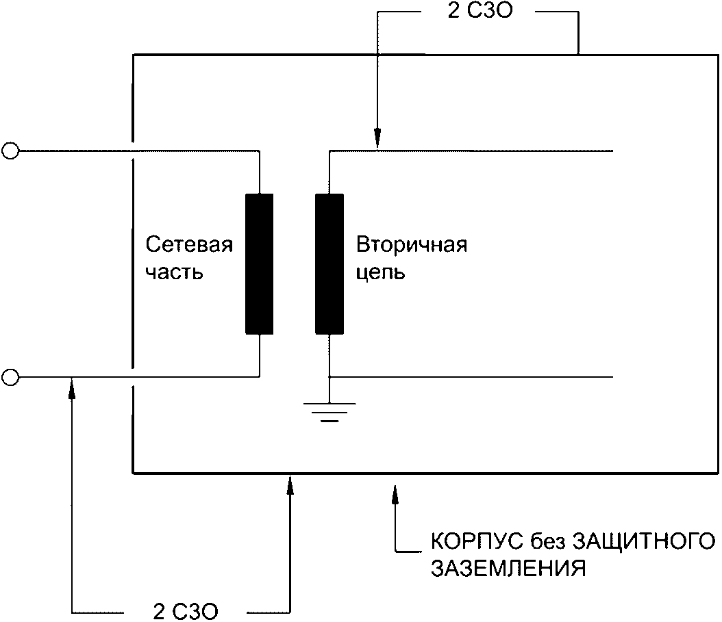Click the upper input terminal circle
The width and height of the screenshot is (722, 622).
click(10, 151)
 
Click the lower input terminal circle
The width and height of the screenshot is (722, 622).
click(10, 376)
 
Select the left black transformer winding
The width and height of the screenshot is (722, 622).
click(260, 264)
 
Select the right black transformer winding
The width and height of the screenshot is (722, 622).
click(329, 264)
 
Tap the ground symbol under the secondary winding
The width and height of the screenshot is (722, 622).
click(329, 411)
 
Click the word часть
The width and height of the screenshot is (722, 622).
click(175, 272)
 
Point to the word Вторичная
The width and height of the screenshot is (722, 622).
click(411, 245)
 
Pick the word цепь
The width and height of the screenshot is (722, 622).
click(381, 273)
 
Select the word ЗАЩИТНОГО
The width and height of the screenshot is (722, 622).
click(638, 541)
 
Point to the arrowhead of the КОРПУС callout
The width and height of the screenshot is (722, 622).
click(395, 492)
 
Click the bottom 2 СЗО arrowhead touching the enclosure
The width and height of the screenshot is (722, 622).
click(290, 482)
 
